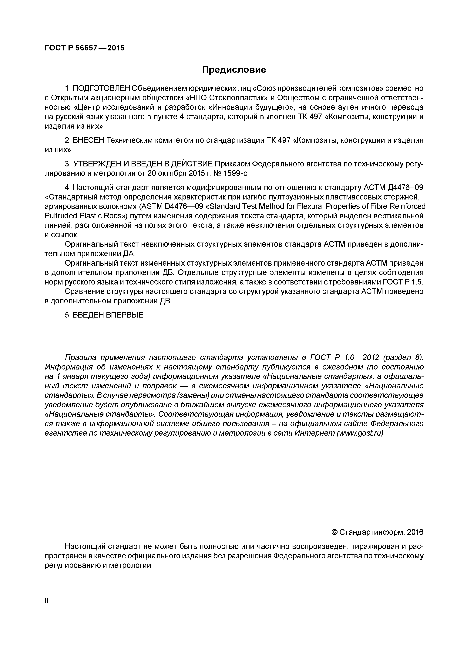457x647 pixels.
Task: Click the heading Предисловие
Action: point(234,70)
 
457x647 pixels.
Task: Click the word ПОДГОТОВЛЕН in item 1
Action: point(101,88)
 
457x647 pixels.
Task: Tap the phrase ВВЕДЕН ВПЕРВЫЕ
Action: point(108,315)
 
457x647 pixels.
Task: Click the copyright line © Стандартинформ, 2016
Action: point(377,532)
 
